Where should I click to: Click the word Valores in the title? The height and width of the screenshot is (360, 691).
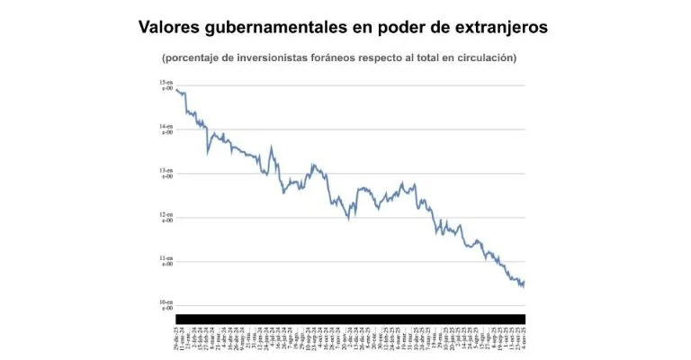click(168, 28)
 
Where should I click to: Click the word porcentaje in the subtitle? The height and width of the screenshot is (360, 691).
click(193, 58)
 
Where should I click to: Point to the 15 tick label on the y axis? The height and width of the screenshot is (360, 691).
click(166, 85)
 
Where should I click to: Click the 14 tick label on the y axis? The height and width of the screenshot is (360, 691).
click(166, 130)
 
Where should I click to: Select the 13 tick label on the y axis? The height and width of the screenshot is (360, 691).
click(166, 174)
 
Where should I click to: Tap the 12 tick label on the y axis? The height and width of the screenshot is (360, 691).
click(166, 218)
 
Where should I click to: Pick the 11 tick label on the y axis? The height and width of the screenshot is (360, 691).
click(166, 262)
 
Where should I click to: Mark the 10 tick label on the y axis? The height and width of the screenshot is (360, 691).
click(166, 306)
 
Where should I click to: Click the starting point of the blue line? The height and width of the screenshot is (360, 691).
click(176, 89)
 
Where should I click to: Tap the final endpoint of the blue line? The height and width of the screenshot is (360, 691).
click(525, 282)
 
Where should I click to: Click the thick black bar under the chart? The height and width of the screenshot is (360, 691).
click(350, 319)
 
